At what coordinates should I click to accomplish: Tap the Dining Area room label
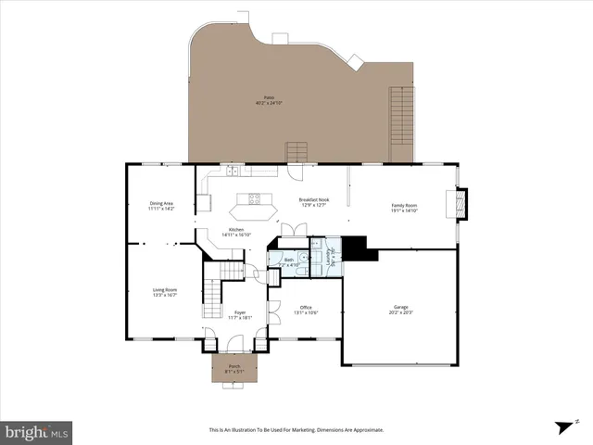pyautogui.click(x=161, y=204)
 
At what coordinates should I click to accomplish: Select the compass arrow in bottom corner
pyautogui.click(x=561, y=426)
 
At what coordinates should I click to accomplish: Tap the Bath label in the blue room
pyautogui.click(x=288, y=261)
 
